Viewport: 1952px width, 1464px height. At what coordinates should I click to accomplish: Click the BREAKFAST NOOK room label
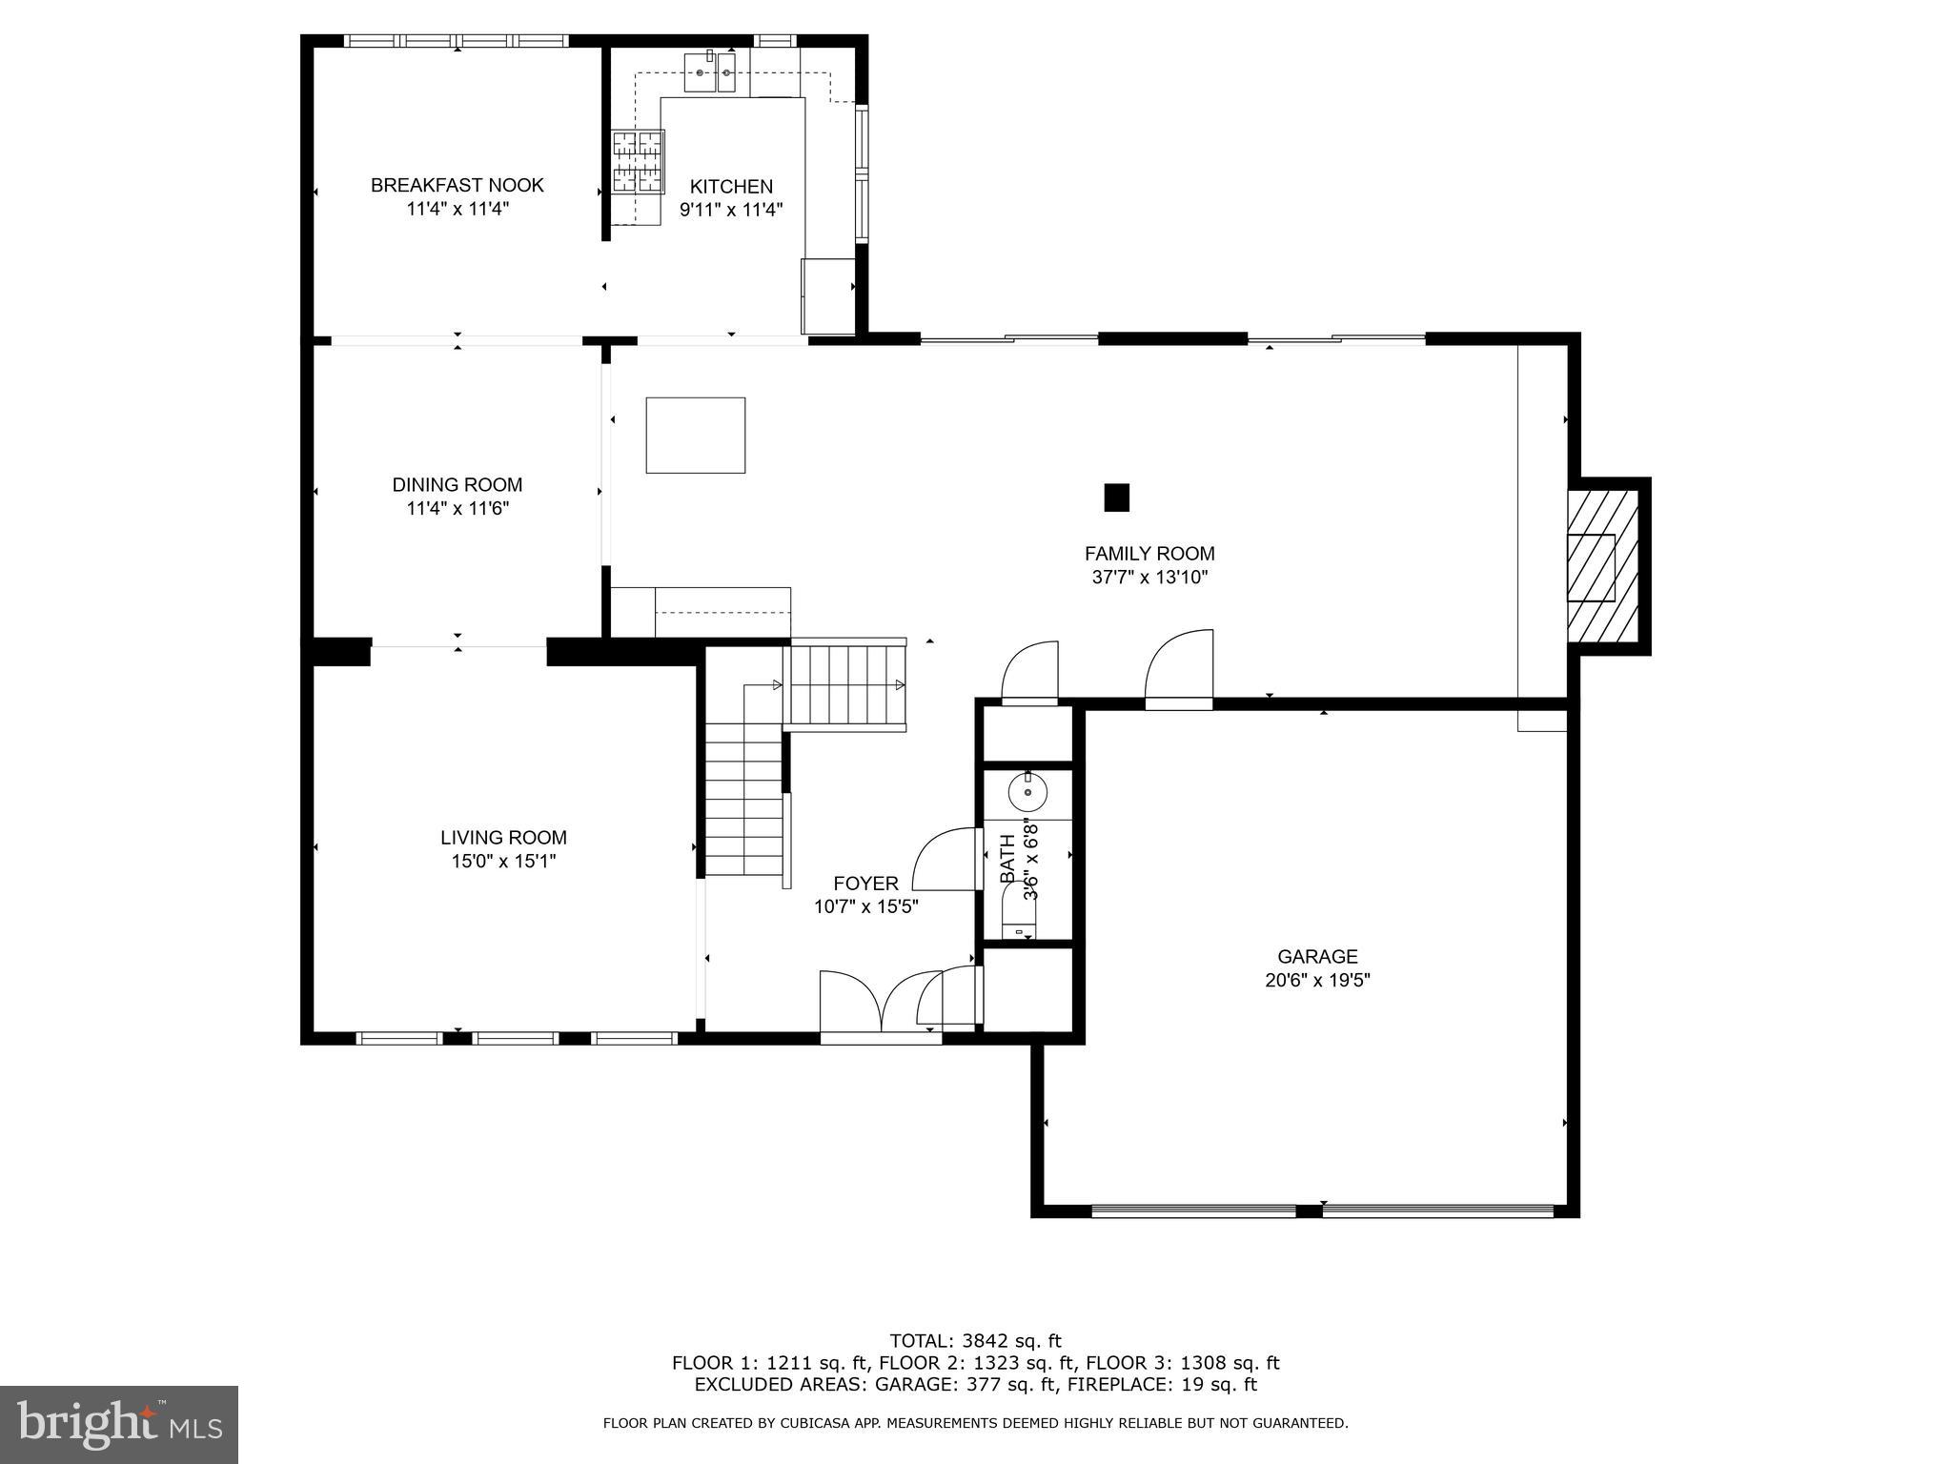pos(457,185)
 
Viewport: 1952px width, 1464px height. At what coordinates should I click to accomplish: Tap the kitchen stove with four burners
pos(637,162)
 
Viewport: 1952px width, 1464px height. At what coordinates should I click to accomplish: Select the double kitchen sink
pos(710,73)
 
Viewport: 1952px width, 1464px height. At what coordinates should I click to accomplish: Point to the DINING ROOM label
pos(457,485)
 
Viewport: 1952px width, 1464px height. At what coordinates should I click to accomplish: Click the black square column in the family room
pos(1116,498)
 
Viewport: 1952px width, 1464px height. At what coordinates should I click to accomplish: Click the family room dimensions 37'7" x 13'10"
pos(1149,578)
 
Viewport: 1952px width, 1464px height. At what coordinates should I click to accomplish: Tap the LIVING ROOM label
pos(503,838)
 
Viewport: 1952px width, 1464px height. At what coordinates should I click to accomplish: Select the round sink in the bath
pos(1027,791)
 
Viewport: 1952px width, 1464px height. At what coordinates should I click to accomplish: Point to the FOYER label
pos(865,884)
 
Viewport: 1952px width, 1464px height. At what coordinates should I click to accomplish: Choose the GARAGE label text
pos(1317,956)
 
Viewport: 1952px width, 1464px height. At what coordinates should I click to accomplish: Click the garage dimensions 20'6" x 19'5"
pos(1317,980)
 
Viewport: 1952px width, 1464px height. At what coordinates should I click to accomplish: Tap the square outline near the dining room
pos(695,435)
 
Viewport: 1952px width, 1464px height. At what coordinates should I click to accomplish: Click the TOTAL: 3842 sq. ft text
pos(975,1341)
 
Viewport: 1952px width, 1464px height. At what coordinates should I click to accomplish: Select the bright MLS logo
pos(119,1424)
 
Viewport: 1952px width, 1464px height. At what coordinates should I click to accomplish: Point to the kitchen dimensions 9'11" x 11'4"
pos(731,210)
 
